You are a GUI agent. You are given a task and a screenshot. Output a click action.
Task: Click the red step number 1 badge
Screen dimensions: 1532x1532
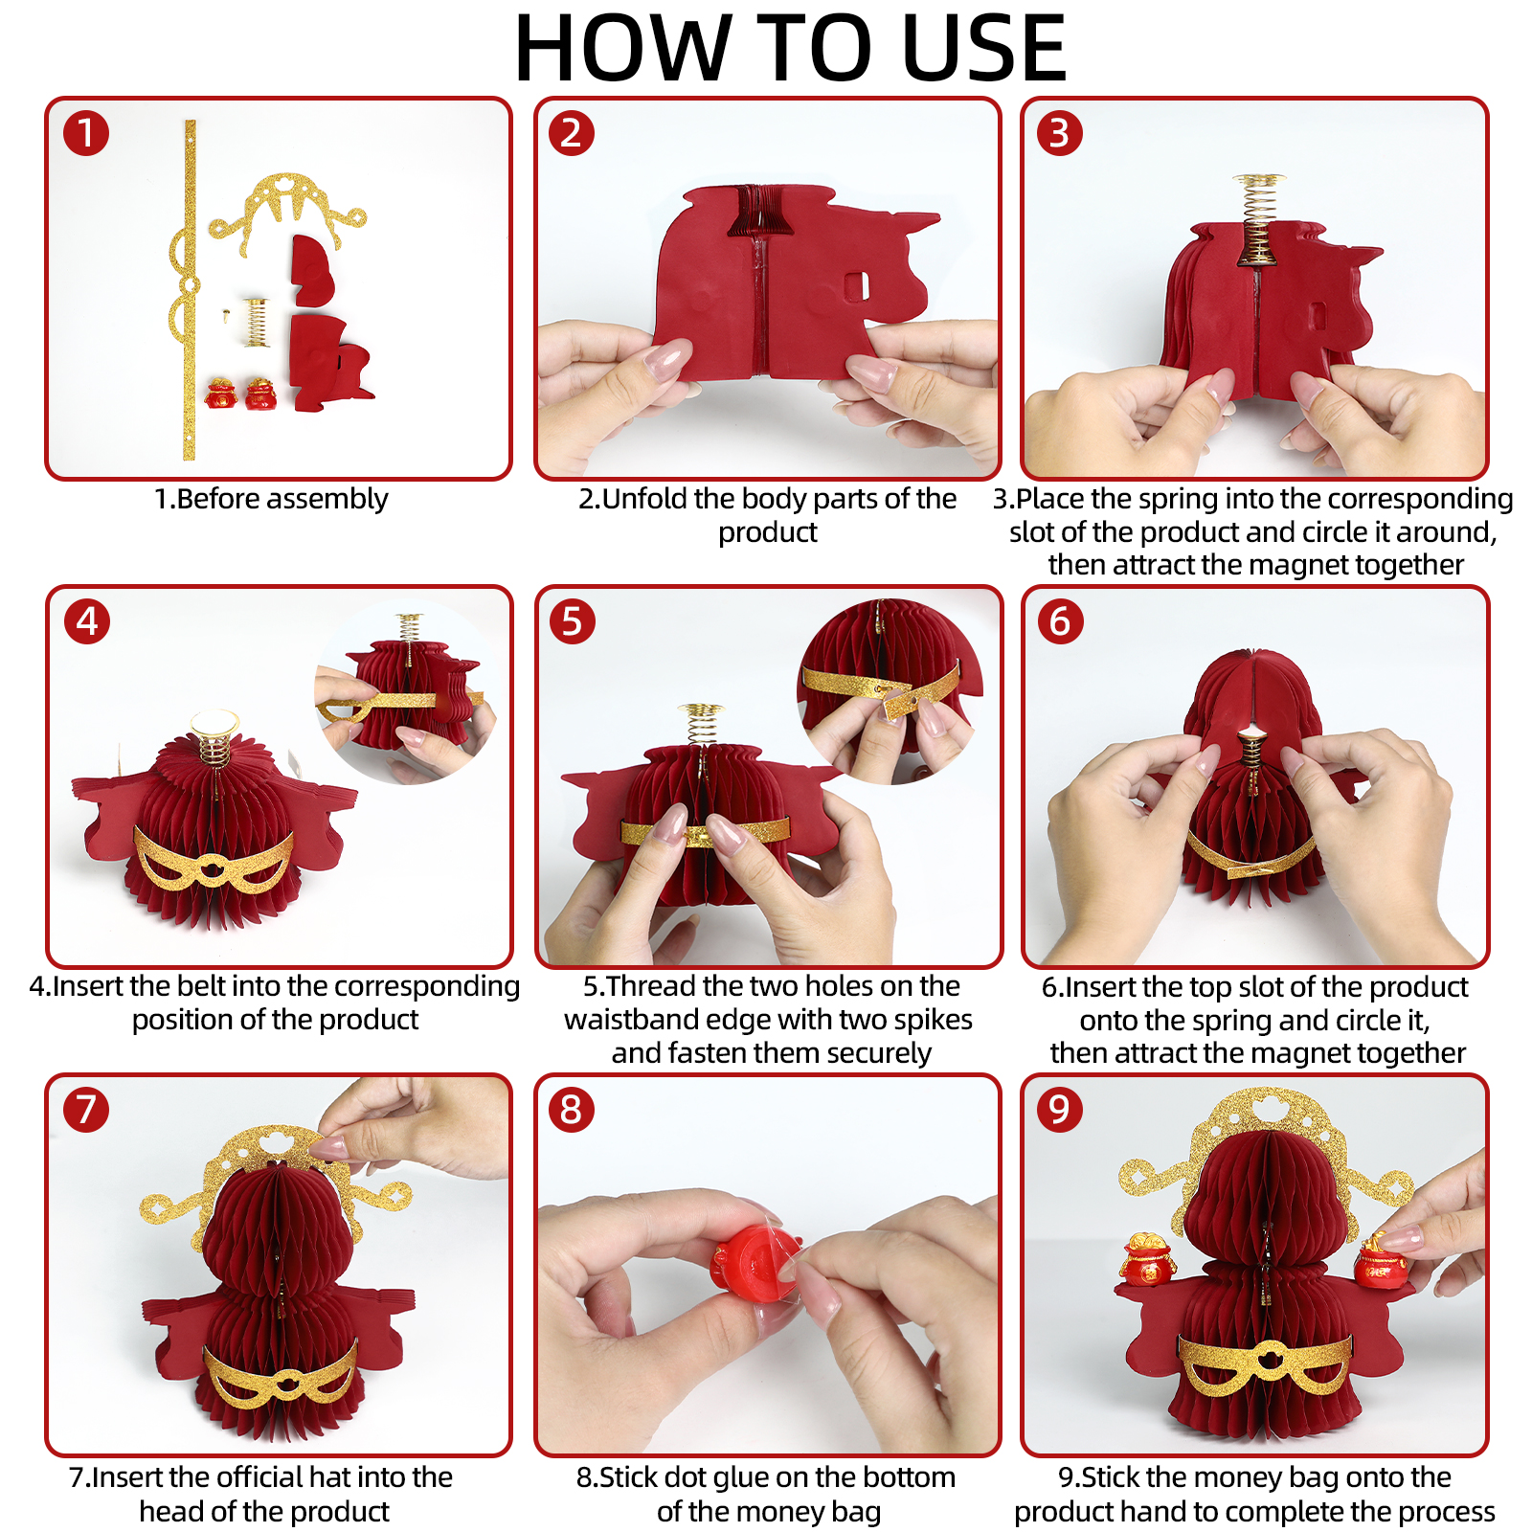[86, 133]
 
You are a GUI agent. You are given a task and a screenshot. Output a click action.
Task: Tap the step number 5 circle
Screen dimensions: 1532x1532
[573, 621]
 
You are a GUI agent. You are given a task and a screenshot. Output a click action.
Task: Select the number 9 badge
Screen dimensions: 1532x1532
[1060, 1110]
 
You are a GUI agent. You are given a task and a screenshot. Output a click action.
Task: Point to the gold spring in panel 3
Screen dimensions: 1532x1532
[1257, 220]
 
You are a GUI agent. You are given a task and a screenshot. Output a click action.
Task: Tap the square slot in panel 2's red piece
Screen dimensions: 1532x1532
[858, 284]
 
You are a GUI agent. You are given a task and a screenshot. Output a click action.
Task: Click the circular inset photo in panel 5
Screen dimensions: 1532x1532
[890, 691]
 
